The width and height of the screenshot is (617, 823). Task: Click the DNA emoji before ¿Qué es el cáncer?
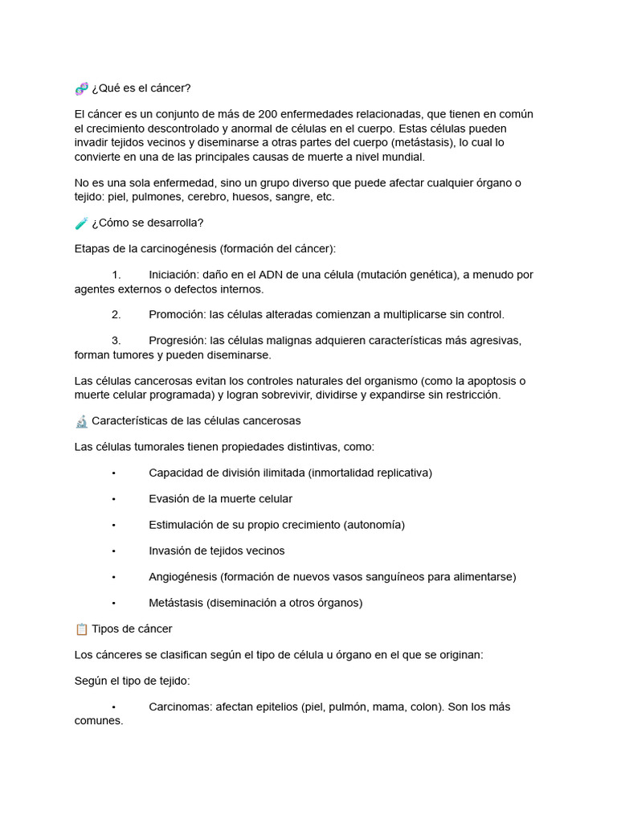pyautogui.click(x=81, y=88)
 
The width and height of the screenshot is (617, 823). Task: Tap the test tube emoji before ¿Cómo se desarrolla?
pyautogui.click(x=81, y=223)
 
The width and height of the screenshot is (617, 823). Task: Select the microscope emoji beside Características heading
pyautogui.click(x=81, y=420)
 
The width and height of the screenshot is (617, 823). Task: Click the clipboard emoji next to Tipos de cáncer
pyautogui.click(x=81, y=629)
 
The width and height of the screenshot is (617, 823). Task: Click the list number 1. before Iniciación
pyautogui.click(x=116, y=275)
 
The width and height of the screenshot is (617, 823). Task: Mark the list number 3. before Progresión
pyautogui.click(x=116, y=340)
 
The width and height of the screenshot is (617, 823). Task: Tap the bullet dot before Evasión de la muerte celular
pyautogui.click(x=115, y=499)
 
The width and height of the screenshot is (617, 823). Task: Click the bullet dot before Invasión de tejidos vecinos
pyautogui.click(x=115, y=551)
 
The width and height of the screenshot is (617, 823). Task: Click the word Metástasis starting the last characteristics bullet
pyautogui.click(x=176, y=602)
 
